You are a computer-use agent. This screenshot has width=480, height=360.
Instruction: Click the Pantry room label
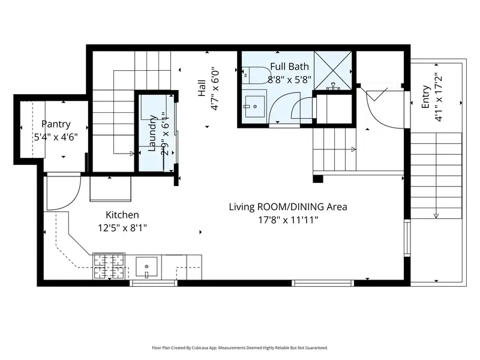coord(56,124)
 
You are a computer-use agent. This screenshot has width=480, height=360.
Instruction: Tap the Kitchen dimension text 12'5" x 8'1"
coord(122,228)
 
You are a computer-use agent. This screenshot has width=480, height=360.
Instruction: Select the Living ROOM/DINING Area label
coord(288,207)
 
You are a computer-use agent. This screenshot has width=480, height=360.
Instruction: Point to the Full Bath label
coord(290,67)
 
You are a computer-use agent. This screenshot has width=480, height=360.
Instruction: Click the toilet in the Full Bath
coord(254,76)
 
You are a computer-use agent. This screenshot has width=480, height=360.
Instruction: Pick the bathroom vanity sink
coord(254,106)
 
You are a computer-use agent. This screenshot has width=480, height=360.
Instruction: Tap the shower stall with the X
coord(333,70)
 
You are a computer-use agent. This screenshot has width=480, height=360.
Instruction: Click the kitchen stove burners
coord(109,266)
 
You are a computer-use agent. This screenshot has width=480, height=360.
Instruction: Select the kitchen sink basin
coord(146,267)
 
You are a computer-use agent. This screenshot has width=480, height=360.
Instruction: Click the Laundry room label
coord(152,133)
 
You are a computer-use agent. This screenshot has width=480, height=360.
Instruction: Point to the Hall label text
coord(202,88)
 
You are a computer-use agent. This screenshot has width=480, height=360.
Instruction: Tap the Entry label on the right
coord(426,97)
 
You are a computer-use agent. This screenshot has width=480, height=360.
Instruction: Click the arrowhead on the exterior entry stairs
coord(436,216)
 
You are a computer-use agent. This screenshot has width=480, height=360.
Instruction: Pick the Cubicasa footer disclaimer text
coord(240,348)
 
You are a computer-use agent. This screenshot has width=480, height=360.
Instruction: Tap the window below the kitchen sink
coord(154,283)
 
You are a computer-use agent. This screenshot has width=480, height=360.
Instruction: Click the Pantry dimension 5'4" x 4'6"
coord(56,137)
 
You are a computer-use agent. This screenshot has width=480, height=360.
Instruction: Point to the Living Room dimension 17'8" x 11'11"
coord(289,220)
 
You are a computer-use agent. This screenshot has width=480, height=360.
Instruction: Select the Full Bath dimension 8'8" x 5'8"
coord(290,80)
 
